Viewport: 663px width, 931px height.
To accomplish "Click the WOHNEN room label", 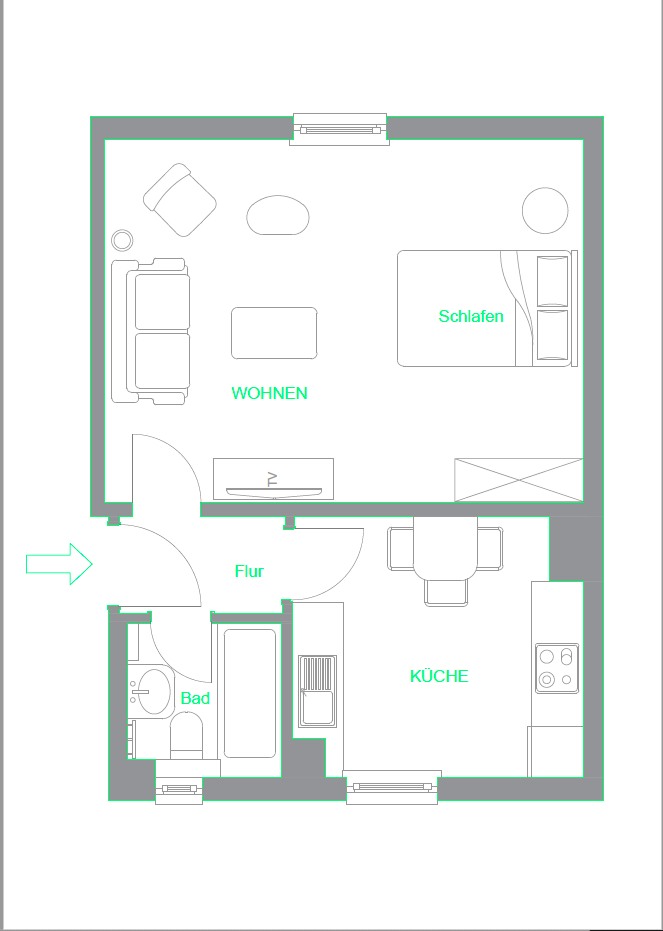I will tap(269, 393).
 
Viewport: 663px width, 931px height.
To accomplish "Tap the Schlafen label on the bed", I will tap(471, 316).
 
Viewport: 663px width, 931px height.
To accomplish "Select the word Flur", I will tap(249, 571).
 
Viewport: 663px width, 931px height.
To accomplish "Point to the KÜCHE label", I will tap(439, 676).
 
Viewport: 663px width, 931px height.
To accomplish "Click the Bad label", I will tap(195, 698).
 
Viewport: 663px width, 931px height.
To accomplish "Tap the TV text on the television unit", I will tap(272, 479).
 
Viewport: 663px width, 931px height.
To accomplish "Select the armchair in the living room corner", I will tap(181, 200).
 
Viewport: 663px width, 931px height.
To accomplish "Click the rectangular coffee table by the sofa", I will tap(274, 333).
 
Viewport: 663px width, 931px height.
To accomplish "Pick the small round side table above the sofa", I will tap(122, 240).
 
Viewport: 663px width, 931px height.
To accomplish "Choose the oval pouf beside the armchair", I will tap(278, 214).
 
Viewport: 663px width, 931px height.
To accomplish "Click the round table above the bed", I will tap(546, 211).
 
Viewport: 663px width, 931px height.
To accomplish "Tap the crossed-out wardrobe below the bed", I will tap(518, 480).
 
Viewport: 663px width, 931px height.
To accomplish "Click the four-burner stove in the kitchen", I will tap(556, 668).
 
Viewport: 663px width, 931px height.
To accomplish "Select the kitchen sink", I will tap(317, 691).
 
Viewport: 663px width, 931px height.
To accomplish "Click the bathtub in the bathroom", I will tap(249, 692).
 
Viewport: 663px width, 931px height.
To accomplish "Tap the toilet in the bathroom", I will tap(187, 737).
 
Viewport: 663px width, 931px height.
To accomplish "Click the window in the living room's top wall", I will tap(339, 129).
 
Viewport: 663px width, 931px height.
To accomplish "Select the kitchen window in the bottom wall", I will tap(392, 787).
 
